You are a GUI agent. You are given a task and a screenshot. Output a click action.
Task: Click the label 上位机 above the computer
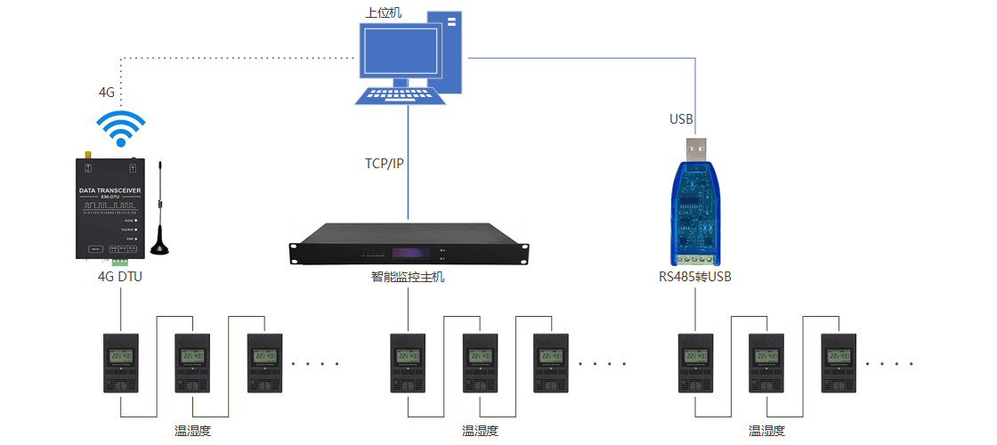384,13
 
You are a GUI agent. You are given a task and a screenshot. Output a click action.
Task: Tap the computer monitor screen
400,53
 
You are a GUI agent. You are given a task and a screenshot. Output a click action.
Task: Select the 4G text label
107,92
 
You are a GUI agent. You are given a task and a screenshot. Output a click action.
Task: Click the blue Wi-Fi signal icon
120,128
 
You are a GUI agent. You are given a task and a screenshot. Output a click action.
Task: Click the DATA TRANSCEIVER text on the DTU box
109,190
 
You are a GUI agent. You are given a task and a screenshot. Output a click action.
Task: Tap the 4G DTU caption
119,277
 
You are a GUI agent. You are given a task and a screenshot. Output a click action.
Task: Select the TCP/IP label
384,164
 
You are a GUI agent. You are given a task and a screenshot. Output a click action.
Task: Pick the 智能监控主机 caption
408,277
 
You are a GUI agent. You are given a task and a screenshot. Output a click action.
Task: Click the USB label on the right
681,118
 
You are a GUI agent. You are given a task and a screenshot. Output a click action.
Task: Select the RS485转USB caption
695,277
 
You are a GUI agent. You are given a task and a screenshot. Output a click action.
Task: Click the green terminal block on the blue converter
695,258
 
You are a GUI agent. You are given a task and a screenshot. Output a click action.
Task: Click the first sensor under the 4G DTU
120,363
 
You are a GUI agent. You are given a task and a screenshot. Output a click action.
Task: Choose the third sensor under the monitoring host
550,363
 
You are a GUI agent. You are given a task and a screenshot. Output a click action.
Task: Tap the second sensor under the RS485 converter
766,363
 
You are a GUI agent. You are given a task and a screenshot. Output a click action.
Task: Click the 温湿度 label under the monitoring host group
480,431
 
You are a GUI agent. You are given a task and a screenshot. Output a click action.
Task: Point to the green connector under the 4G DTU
119,262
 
